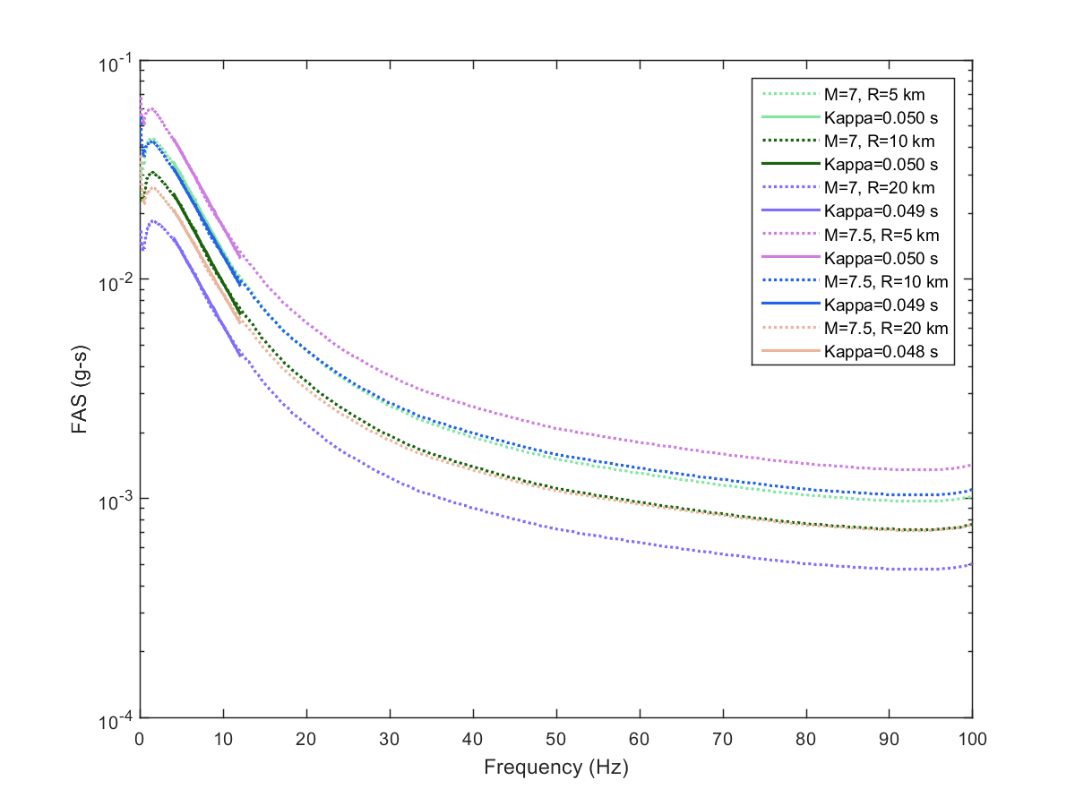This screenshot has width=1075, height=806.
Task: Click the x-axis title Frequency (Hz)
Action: [x=555, y=767]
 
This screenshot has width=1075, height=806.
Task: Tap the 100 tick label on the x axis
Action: [x=972, y=740]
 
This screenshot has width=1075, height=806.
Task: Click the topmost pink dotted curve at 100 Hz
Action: [x=971, y=466]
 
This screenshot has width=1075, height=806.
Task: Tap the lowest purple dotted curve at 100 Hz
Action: [x=971, y=564]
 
